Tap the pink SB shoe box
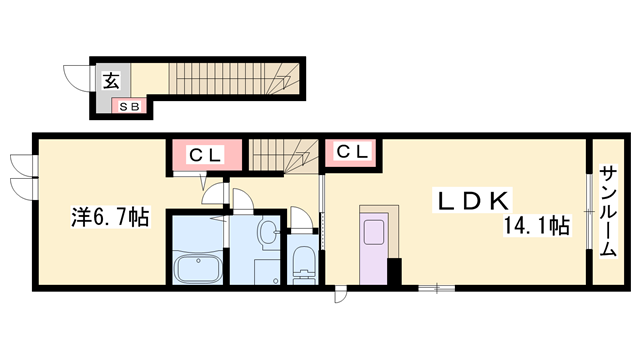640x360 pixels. click(x=131, y=104)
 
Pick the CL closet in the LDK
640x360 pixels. click(x=349, y=152)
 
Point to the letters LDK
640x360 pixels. click(x=475, y=200)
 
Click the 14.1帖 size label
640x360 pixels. click(x=537, y=226)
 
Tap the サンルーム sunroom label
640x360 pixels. click(x=607, y=213)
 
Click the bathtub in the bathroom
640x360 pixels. click(x=201, y=267)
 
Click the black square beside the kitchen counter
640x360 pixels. click(x=394, y=272)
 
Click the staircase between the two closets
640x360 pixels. click(x=284, y=155)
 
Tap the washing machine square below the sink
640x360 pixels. click(x=266, y=271)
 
